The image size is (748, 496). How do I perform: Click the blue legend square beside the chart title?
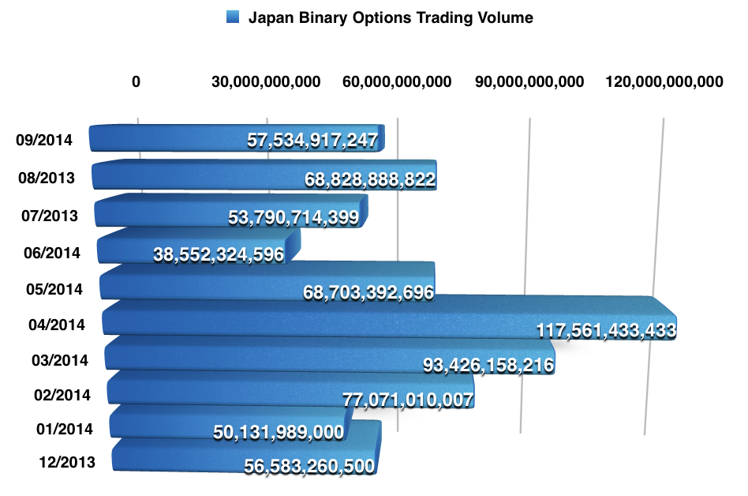click(233, 17)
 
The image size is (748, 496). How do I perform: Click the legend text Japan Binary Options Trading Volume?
click(391, 17)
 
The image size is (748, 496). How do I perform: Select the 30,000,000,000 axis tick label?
click(267, 81)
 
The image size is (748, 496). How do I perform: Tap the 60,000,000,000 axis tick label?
click(398, 81)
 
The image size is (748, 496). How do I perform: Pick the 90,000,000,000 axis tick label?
click(530, 81)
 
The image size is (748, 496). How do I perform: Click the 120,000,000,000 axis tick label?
click(663, 81)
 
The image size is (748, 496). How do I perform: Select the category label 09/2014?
click(44, 141)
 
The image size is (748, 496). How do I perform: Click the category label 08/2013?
click(47, 178)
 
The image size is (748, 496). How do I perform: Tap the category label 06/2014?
click(52, 253)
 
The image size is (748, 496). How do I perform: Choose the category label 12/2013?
click(66, 463)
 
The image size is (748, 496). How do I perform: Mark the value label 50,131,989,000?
click(279, 432)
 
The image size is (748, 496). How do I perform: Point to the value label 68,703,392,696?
click(368, 292)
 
